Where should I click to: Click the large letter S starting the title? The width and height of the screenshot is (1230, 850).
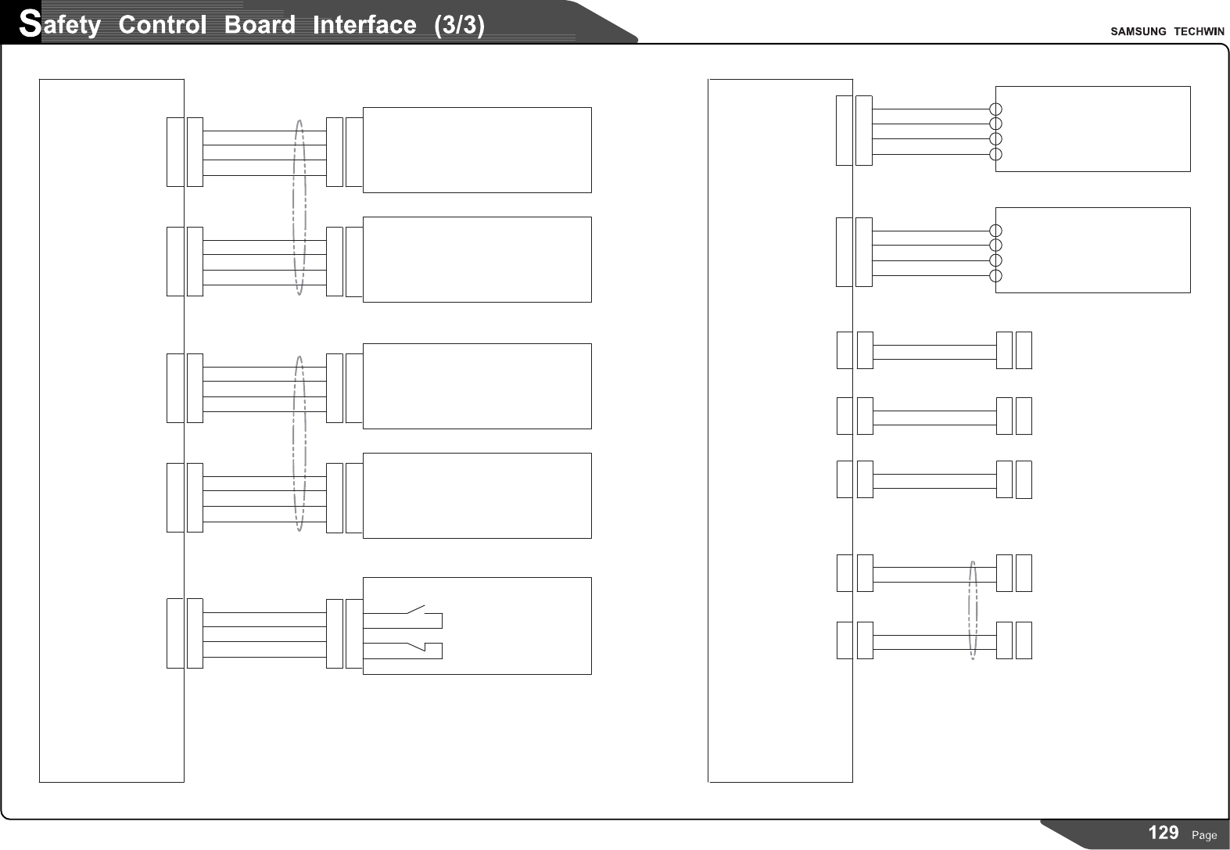(x=29, y=23)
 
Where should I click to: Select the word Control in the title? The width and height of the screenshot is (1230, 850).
(x=163, y=25)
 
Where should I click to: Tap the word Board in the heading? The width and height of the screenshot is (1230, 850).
(x=260, y=25)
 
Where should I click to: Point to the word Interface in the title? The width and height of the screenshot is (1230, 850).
(x=364, y=25)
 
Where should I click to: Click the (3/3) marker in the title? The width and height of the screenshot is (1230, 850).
(x=459, y=25)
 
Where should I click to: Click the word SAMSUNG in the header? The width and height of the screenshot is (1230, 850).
(x=1138, y=31)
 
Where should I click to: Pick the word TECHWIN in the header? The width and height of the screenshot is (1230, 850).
(x=1199, y=31)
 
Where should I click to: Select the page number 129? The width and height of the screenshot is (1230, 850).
(x=1163, y=833)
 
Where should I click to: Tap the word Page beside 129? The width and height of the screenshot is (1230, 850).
(x=1204, y=835)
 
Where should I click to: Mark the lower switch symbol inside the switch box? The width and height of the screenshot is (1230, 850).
(x=414, y=646)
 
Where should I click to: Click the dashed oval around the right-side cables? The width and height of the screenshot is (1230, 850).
(x=973, y=610)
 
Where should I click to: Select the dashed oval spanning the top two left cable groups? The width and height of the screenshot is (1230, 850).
(x=299, y=207)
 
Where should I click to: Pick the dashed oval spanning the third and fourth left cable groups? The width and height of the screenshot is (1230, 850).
(x=299, y=443)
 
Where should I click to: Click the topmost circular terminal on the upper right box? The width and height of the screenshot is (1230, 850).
(x=995, y=109)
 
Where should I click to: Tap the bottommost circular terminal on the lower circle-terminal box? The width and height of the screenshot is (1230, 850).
(x=995, y=275)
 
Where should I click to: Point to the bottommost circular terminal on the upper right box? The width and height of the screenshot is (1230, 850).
(x=995, y=154)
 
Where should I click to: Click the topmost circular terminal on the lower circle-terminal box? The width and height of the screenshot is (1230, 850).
(x=995, y=231)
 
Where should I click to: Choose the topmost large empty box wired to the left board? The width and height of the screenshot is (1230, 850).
(x=477, y=150)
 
